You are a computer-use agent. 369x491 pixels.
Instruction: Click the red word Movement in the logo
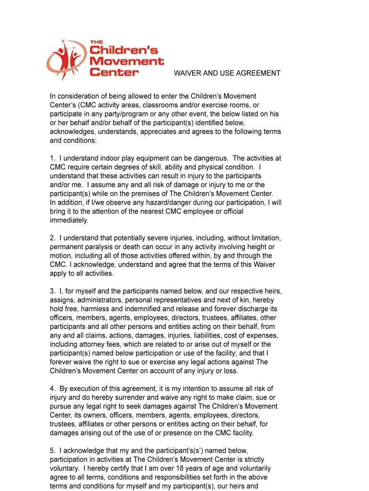pyautogui.click(x=127, y=61)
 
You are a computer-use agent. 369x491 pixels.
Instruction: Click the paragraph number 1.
pyautogui.click(x=52, y=158)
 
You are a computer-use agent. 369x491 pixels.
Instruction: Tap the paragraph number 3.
pyautogui.click(x=52, y=291)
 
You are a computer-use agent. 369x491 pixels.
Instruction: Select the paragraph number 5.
pyautogui.click(x=52, y=451)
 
